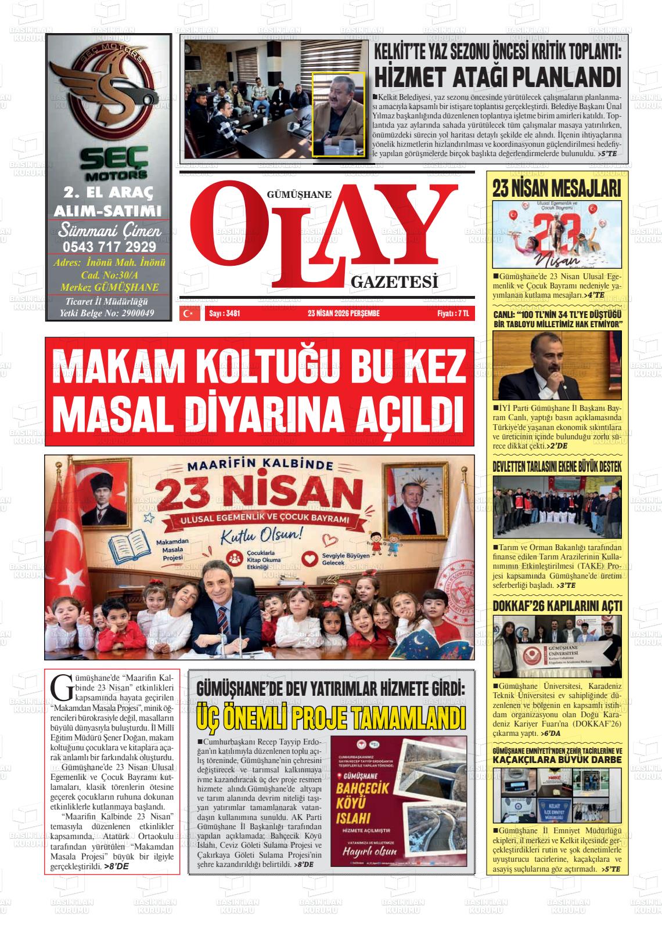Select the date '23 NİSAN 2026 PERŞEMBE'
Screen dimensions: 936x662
click(344, 313)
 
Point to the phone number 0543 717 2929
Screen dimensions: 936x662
click(109, 245)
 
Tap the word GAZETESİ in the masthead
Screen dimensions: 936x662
click(394, 283)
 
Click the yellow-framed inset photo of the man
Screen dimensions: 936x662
click(339, 114)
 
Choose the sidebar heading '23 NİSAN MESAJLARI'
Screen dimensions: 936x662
click(557, 189)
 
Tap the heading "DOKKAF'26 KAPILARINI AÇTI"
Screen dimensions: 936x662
click(557, 606)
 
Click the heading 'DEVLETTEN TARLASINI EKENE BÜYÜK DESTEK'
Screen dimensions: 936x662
click(557, 467)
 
